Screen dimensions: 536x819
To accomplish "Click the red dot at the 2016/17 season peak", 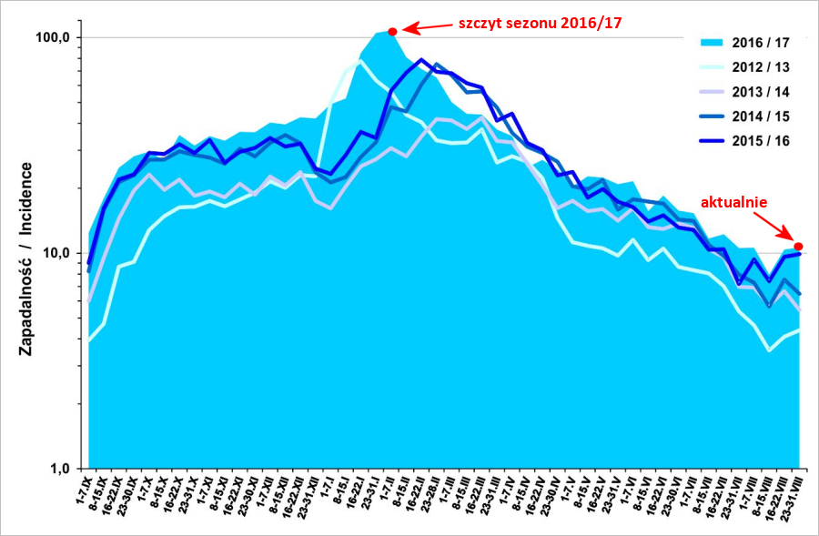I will point(392,32).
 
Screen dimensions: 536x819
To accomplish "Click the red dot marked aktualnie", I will point(798,246).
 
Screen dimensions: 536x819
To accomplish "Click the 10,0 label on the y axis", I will point(55,253).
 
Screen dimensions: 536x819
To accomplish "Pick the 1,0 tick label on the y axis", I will point(58,469).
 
